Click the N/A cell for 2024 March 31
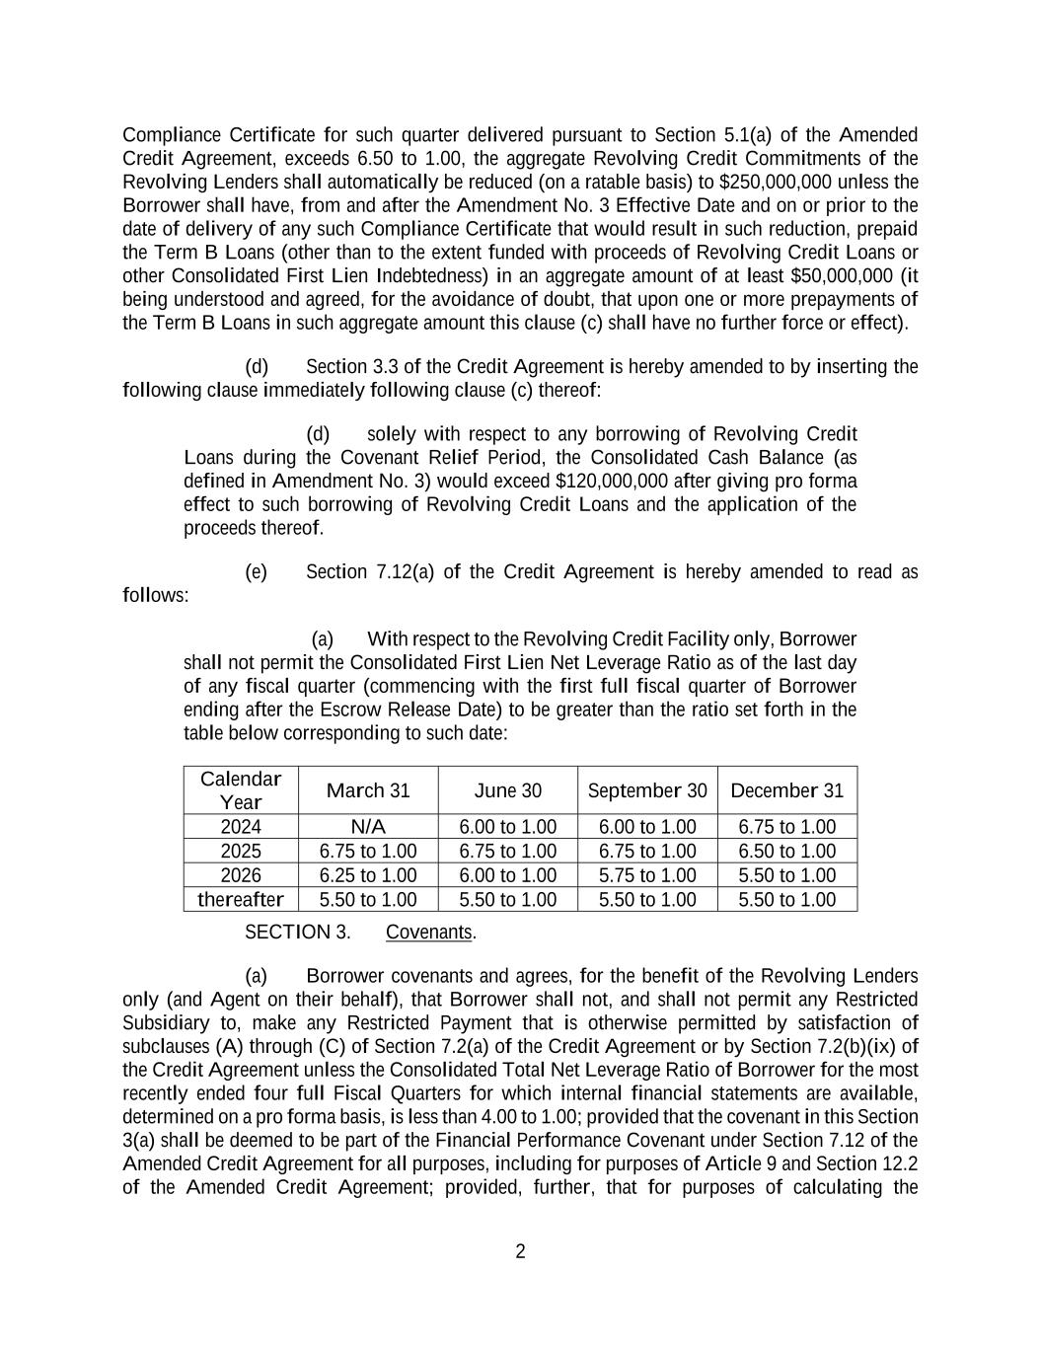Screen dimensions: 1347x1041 coord(367,827)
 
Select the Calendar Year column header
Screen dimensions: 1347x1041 coord(241,790)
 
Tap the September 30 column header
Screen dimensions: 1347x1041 coord(647,790)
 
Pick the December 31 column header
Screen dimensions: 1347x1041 coord(786,790)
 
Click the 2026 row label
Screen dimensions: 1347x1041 coord(241,875)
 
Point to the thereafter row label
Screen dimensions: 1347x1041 coord(241,900)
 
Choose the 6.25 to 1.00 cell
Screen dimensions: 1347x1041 coord(367,875)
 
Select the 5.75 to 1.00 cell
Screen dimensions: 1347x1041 coord(647,875)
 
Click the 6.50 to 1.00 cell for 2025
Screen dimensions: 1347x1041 coord(786,852)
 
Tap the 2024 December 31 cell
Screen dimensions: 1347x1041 coord(786,827)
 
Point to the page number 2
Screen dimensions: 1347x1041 coord(520,1252)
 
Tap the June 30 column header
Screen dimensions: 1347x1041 coord(507,790)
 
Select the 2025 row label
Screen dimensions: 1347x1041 coord(241,852)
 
